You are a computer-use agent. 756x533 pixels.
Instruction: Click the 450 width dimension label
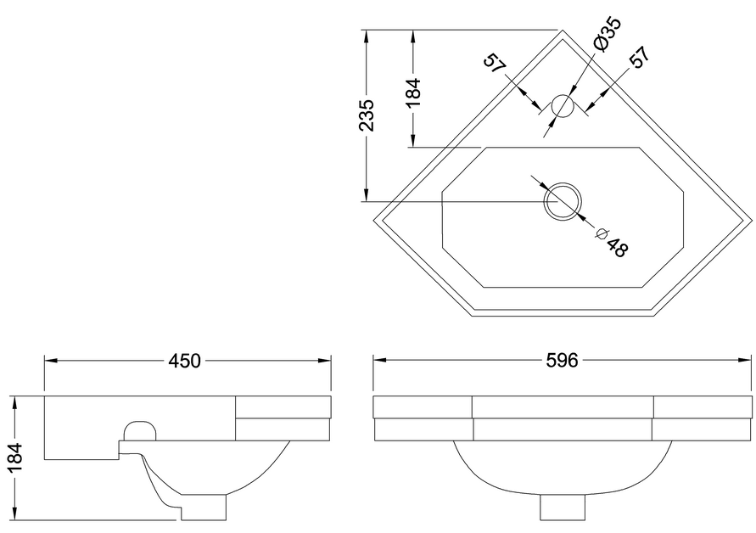coord(184,361)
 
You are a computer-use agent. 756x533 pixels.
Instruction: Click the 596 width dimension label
coord(561,361)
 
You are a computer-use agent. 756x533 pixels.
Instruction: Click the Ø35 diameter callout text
coord(607,35)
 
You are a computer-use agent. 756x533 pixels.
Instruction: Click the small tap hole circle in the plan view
coord(562,107)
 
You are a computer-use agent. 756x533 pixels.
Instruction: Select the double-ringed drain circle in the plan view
coord(563,202)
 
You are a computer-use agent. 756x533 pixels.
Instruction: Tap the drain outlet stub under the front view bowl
coord(563,507)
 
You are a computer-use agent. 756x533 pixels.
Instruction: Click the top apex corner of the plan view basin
coord(562,32)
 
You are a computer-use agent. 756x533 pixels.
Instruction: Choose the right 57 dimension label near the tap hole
coord(639,57)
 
